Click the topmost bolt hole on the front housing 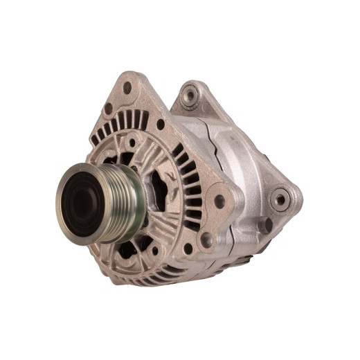click(127, 88)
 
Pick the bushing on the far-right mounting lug click(280, 199)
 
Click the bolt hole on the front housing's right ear click(220, 201)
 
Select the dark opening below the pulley click(142, 243)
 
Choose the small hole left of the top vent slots click(108, 109)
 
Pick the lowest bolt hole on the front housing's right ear click(206, 239)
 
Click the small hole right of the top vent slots click(161, 125)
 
